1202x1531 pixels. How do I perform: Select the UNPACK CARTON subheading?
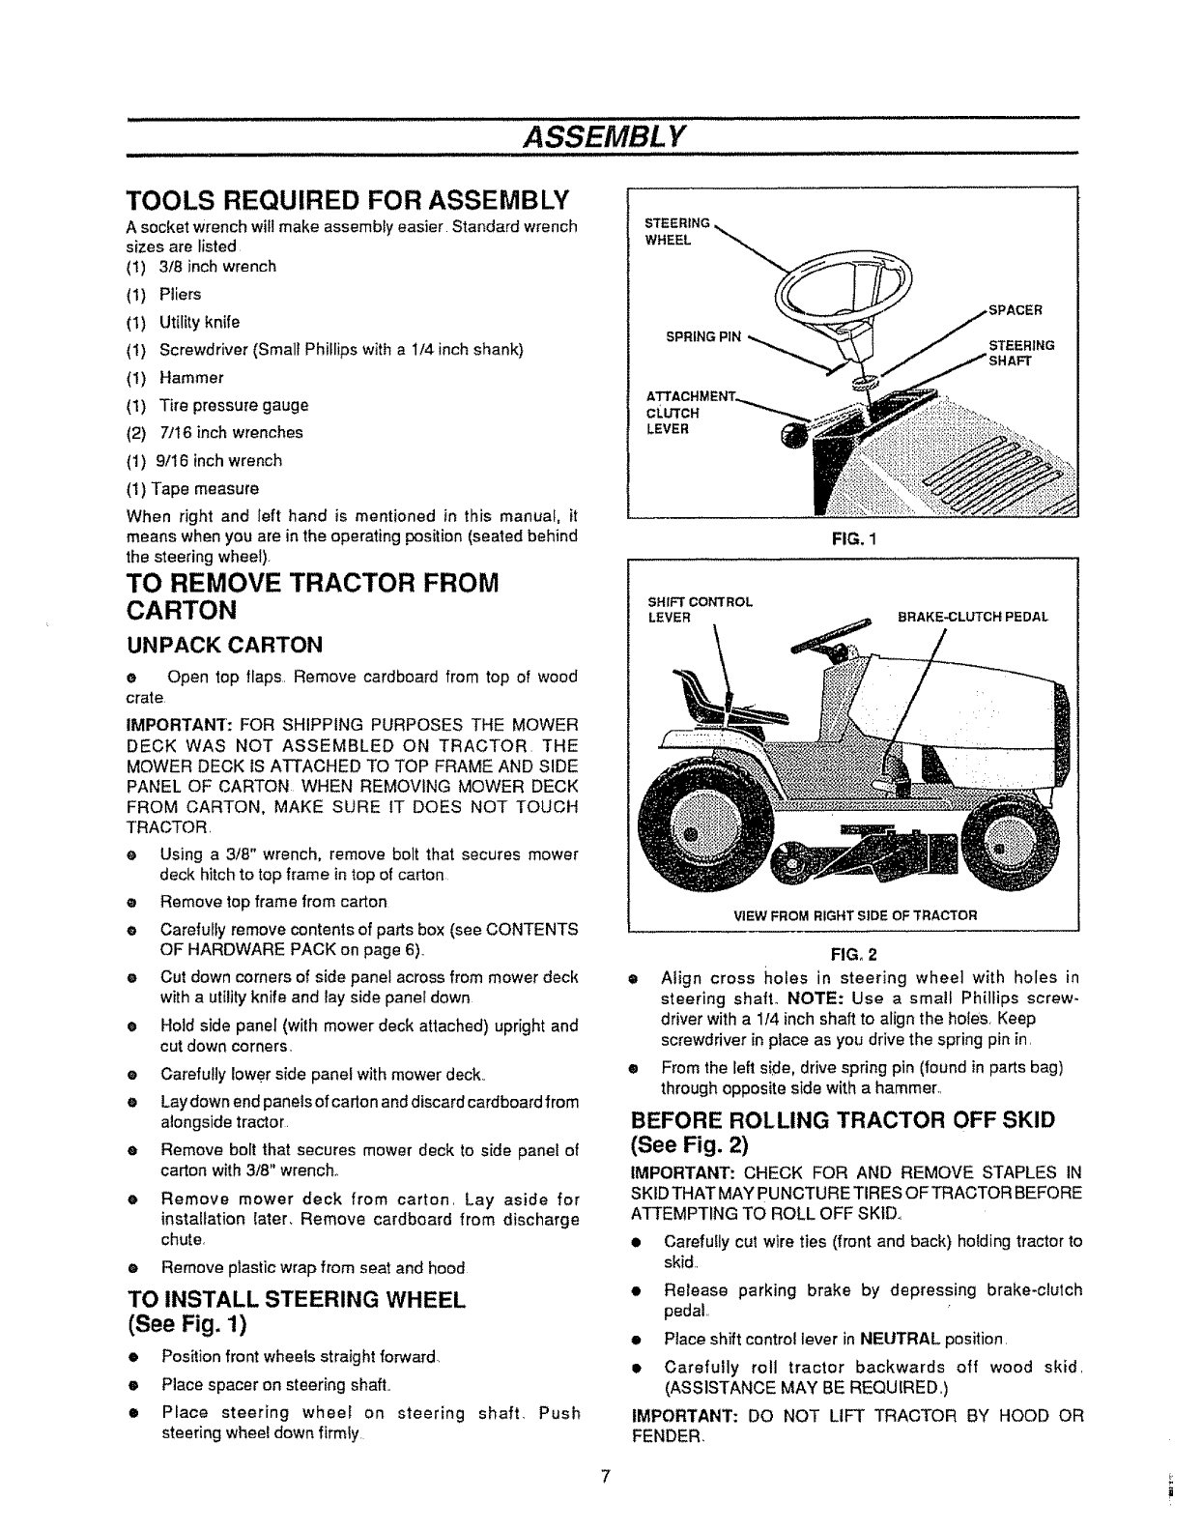click(x=224, y=645)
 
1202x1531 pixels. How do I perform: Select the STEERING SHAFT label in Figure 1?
click(x=1020, y=352)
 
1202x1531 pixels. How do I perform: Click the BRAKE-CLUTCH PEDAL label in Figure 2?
click(x=972, y=616)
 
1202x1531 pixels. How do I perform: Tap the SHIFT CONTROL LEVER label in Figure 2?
click(x=699, y=609)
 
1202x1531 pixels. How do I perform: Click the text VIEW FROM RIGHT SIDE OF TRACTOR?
click(x=855, y=913)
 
